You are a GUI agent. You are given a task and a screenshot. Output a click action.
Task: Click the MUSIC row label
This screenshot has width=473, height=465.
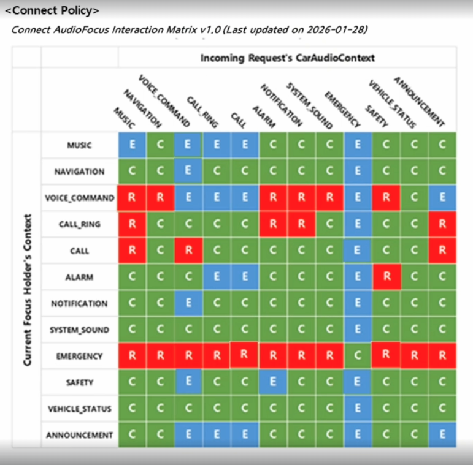click(80, 145)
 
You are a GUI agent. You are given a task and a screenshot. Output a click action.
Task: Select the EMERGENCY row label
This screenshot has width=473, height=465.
click(80, 356)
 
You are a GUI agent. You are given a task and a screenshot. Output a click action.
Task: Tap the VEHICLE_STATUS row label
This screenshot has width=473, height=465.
click(80, 409)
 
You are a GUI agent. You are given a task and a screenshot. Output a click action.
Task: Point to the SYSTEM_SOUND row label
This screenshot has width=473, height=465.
click(80, 330)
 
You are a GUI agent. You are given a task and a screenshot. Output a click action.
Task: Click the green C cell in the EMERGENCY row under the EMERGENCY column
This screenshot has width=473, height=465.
click(358, 356)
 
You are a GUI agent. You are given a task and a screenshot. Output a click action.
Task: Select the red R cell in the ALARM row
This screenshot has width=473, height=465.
click(386, 277)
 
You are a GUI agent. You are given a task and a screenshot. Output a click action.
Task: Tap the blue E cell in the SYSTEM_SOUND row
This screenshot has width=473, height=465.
click(358, 330)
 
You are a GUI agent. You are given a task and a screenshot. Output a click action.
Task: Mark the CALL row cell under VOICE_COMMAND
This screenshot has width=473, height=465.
click(188, 251)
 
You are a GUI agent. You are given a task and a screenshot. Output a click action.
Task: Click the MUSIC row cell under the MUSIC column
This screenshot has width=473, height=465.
click(132, 145)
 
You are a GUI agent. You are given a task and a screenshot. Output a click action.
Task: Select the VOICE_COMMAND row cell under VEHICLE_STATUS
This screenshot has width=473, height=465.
click(415, 198)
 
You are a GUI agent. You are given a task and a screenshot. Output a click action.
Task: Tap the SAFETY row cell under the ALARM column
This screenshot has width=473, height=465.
click(273, 382)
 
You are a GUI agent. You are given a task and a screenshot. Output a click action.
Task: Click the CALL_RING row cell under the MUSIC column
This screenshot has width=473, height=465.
click(132, 224)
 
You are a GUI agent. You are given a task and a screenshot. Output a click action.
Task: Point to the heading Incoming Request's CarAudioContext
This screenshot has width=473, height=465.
click(287, 58)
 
